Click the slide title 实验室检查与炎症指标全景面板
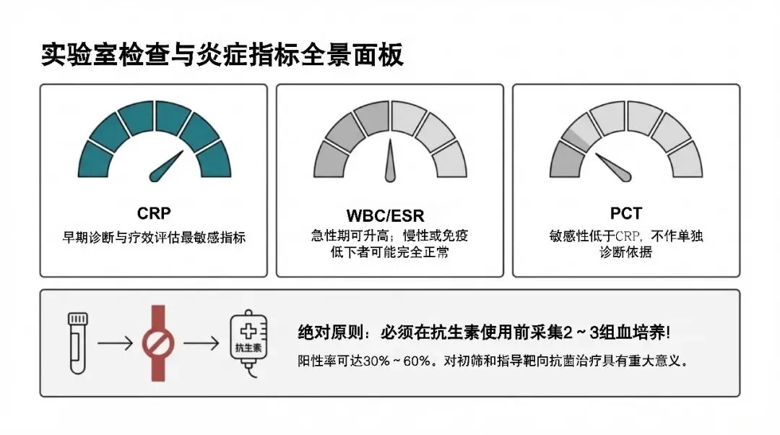[222, 55]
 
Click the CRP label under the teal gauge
[153, 214]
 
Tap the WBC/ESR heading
[390, 215]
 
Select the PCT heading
[625, 214]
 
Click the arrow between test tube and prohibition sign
[115, 343]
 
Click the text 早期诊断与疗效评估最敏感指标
[153, 237]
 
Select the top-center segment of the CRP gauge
[153, 118]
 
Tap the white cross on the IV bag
[246, 331]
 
